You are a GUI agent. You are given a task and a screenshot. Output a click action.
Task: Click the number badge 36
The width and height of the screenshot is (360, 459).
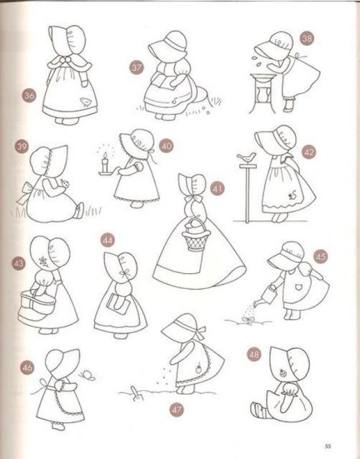(29, 96)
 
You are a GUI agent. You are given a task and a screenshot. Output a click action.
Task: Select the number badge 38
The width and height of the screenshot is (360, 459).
(306, 38)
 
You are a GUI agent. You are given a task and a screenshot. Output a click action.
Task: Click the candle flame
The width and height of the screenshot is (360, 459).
(105, 155)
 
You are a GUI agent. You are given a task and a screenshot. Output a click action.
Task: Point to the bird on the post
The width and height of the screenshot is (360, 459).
(247, 158)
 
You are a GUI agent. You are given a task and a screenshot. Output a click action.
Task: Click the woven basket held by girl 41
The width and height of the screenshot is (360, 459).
(196, 236)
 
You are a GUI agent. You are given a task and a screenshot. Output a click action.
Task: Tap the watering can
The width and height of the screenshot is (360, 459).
(266, 296)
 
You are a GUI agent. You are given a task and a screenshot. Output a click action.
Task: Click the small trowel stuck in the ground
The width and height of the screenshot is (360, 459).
(135, 393)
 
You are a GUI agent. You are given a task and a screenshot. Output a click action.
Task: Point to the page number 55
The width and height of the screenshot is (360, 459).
(328, 447)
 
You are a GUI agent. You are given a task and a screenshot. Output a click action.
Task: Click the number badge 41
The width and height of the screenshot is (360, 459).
(217, 188)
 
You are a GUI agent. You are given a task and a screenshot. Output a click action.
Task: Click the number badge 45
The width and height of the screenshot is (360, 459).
(320, 256)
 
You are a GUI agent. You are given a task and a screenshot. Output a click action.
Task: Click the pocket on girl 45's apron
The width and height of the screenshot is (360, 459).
(298, 287)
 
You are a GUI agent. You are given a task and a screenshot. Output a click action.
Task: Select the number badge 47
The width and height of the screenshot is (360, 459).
(177, 409)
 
